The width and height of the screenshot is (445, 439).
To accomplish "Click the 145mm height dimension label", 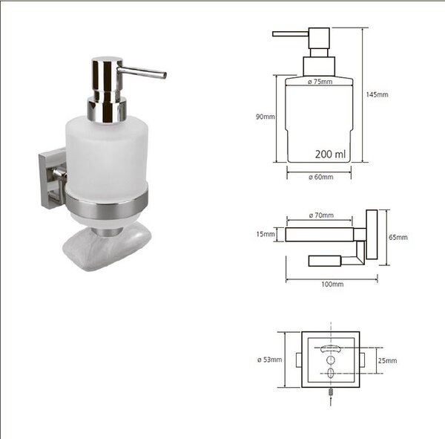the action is [377, 94].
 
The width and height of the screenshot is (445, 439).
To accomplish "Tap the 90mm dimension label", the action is [265, 117].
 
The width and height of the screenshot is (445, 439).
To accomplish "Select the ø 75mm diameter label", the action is [320, 82].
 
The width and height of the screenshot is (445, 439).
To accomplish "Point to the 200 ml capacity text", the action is [330, 154].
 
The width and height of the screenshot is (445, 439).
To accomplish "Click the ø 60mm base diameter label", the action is [321, 177].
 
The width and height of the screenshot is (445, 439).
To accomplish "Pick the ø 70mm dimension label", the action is [321, 215].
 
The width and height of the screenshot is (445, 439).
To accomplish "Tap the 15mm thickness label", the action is [266, 234].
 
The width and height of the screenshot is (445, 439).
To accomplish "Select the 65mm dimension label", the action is [398, 237].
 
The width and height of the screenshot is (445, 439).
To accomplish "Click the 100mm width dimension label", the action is [332, 284].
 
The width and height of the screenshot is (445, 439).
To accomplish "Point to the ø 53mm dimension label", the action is [270, 360].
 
